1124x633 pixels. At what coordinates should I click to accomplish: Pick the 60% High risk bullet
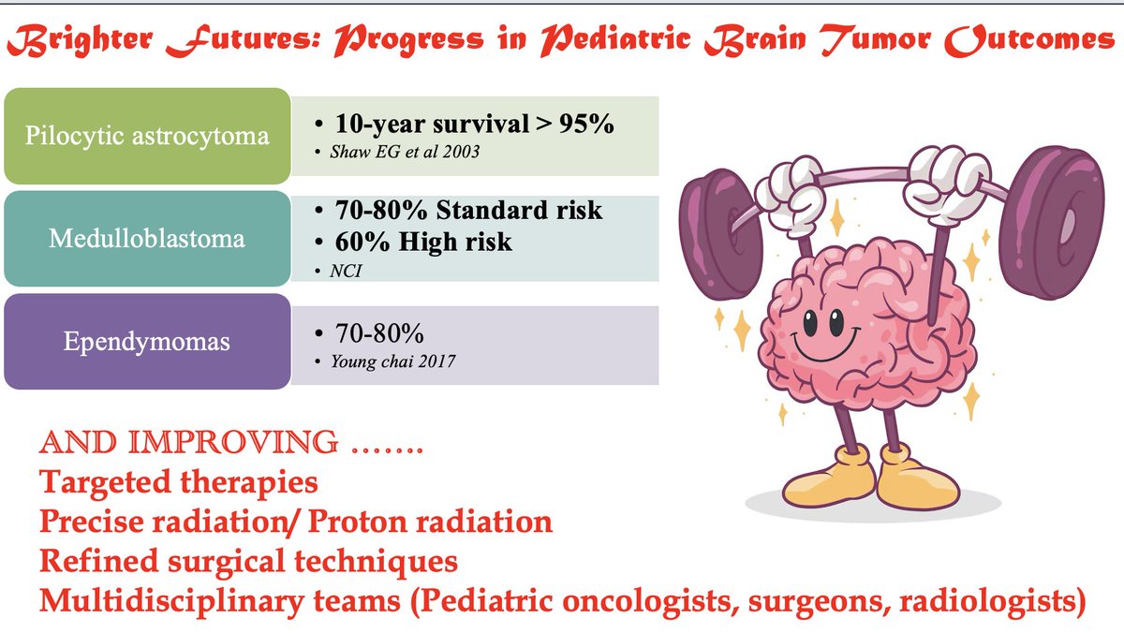point(422,241)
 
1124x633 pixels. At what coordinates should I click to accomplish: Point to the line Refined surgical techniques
point(248,561)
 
